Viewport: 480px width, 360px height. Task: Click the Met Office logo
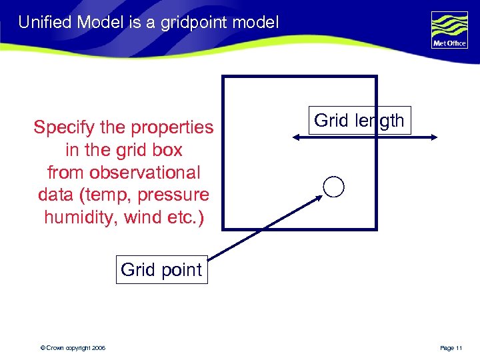tap(449, 31)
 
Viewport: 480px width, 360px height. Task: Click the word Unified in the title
tap(45, 23)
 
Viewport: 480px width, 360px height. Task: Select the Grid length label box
tap(359, 121)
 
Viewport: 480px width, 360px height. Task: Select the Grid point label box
tap(161, 270)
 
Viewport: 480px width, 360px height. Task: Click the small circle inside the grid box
tap(333, 187)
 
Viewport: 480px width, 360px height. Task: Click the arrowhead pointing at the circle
tap(319, 198)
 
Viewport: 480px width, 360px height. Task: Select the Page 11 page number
tap(451, 348)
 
